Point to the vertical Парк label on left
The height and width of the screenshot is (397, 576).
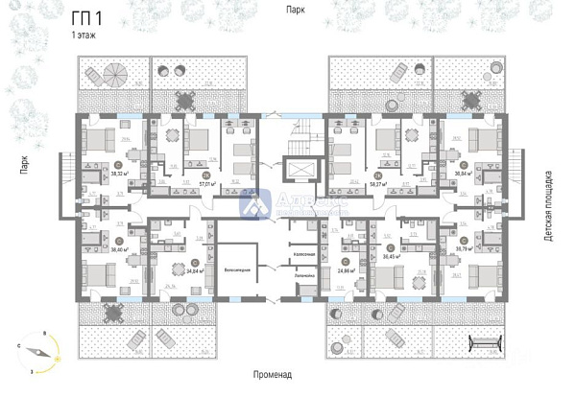pos(17,171)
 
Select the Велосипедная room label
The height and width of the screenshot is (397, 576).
pos(237,271)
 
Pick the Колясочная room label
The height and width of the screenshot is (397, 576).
pos(303,255)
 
